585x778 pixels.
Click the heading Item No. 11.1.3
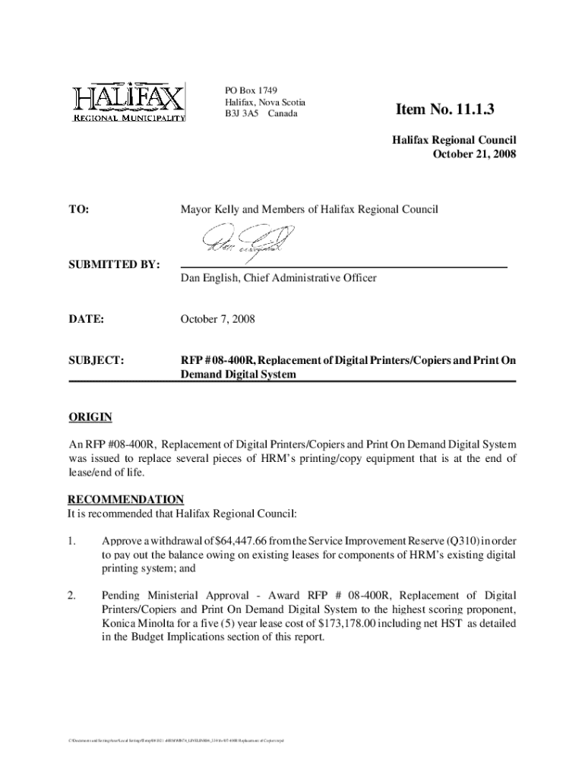(x=444, y=111)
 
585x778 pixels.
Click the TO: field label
(x=79, y=208)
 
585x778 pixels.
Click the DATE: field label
(x=85, y=320)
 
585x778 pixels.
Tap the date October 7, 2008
(x=217, y=320)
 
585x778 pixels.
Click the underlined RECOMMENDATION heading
(x=125, y=499)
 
